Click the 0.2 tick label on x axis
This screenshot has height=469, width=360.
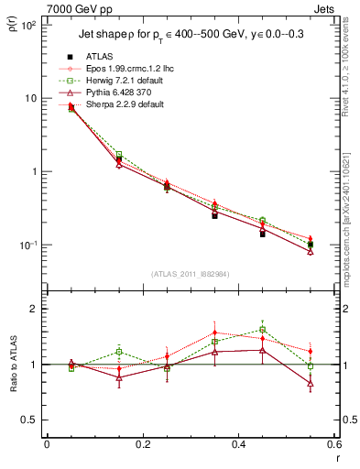tap(142, 445)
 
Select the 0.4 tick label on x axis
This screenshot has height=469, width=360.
tap(239, 445)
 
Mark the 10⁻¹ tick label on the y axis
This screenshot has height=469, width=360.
tap(27, 245)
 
